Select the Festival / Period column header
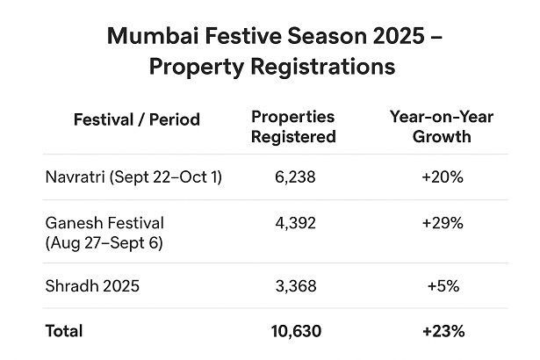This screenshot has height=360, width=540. point(137,119)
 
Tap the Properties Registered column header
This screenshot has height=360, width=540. point(293,127)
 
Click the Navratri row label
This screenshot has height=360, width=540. point(133,177)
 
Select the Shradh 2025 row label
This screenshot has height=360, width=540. point(92,285)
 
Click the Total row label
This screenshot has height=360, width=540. point(64,331)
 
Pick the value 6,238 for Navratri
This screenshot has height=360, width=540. point(293,177)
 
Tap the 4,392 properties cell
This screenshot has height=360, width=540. point(293,223)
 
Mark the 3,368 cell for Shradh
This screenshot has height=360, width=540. point(293,285)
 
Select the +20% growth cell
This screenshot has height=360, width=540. point(442,177)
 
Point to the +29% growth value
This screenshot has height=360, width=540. point(442,223)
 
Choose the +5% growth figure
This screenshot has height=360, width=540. point(442,285)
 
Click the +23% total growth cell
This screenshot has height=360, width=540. point(442,331)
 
